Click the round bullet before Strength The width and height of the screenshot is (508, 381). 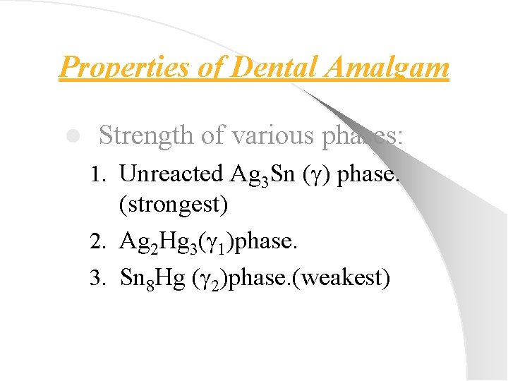point(71,135)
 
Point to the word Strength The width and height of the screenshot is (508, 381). point(143,135)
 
